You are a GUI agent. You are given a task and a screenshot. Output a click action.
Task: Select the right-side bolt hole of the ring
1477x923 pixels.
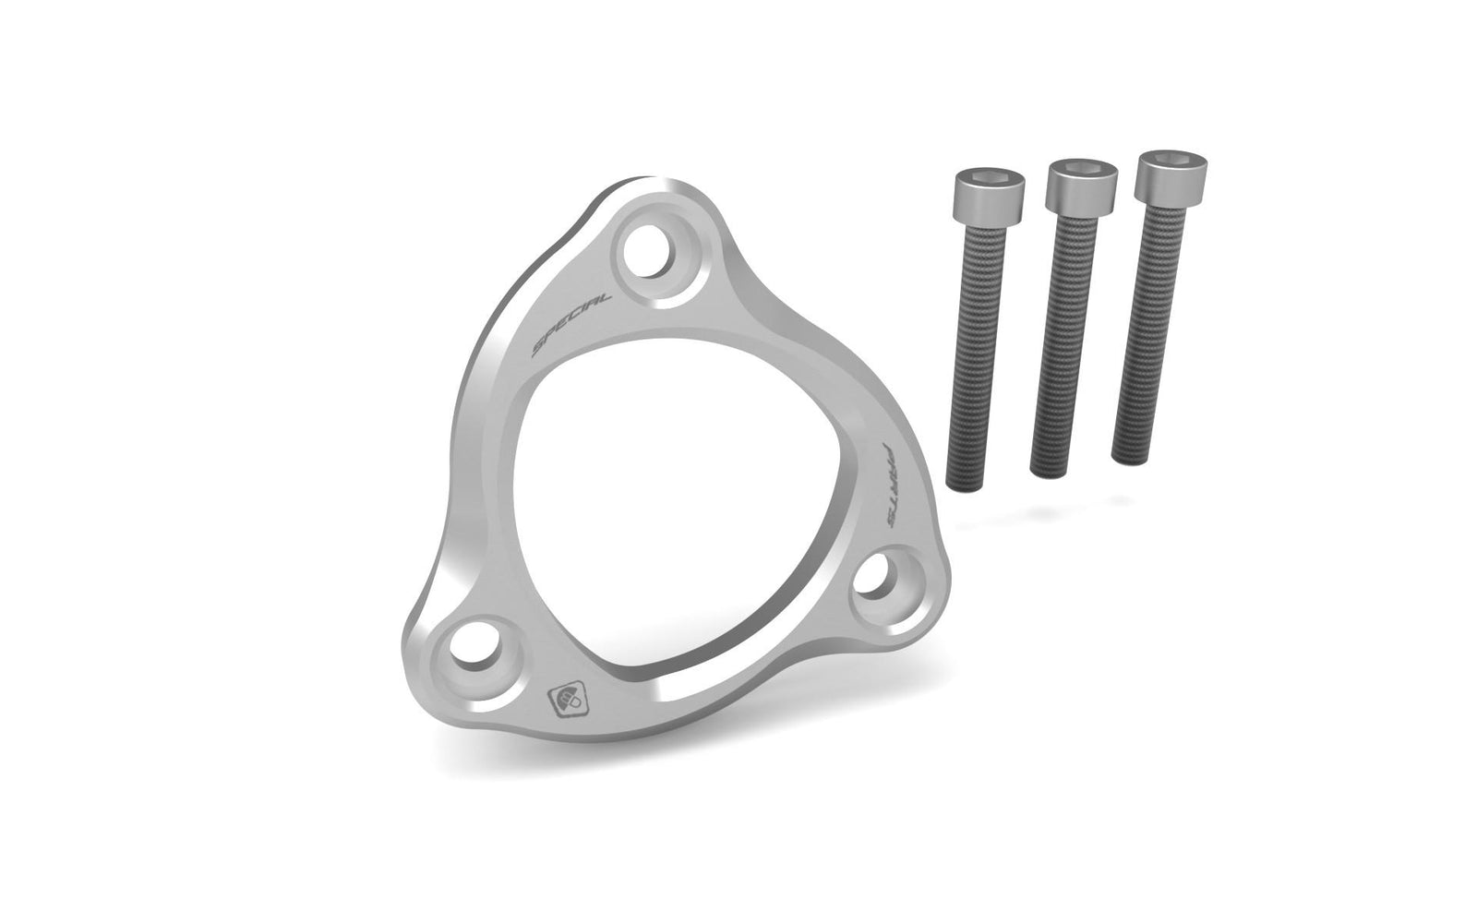tap(878, 578)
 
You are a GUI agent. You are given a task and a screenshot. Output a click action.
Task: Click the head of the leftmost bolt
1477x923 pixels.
tap(987, 196)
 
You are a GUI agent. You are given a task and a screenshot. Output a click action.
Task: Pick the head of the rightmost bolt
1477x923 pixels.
tap(1171, 179)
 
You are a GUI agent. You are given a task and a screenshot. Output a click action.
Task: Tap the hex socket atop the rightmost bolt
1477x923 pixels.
tap(1171, 160)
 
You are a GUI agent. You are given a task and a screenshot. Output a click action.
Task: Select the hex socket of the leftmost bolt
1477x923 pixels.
tap(988, 177)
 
